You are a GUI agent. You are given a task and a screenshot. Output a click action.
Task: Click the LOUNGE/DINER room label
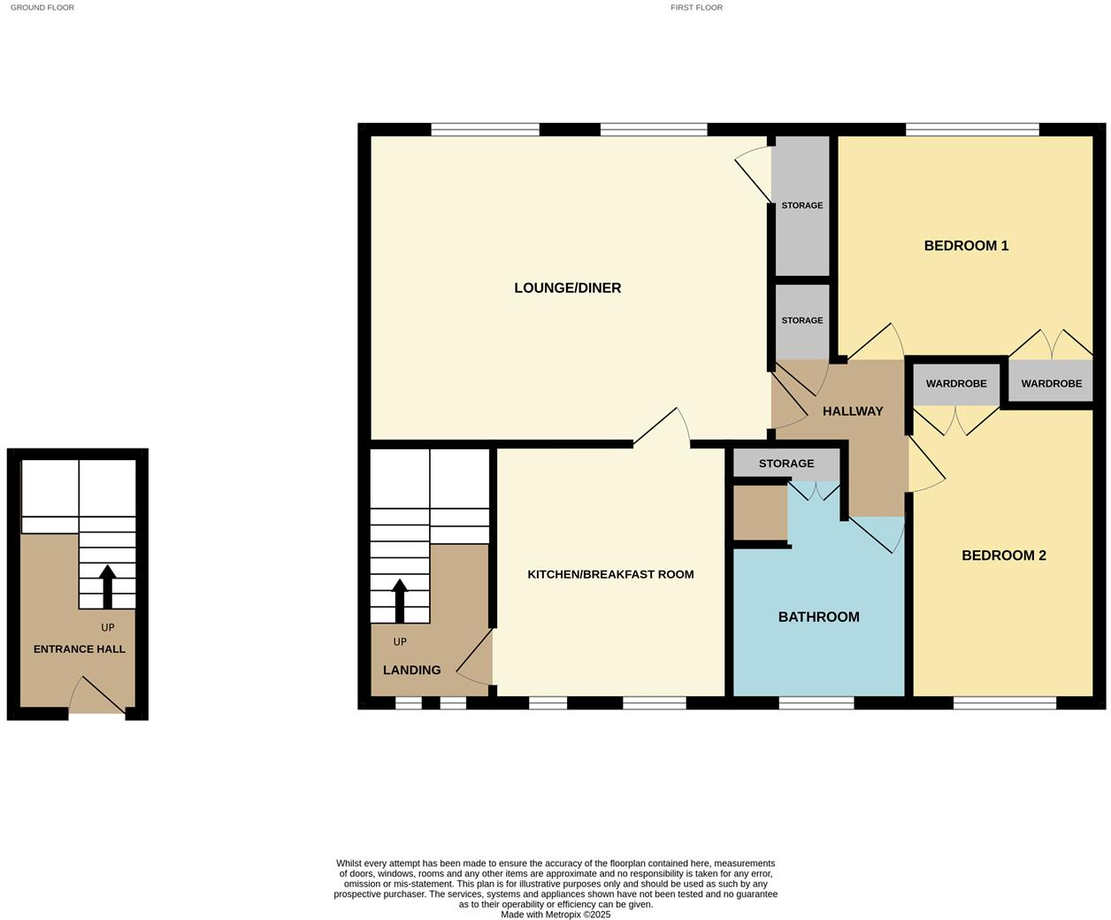click(567, 287)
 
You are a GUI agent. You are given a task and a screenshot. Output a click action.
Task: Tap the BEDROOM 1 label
click(966, 246)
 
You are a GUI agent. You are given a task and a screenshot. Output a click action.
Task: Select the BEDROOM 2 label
click(1003, 556)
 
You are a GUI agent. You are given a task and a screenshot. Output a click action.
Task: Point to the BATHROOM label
click(818, 617)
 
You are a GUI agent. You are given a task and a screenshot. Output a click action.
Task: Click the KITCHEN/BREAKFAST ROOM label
click(610, 574)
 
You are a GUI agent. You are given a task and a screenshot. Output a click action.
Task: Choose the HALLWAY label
click(853, 411)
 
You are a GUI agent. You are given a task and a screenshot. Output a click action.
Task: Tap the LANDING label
click(411, 670)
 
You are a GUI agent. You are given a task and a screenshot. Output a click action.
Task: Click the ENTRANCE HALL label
click(80, 649)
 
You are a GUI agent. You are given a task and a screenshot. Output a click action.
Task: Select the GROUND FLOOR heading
click(42, 7)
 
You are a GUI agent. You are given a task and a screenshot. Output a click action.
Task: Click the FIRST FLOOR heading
click(696, 7)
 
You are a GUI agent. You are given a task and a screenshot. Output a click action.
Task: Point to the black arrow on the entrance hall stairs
click(107, 586)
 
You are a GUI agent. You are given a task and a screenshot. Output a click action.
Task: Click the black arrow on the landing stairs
click(399, 601)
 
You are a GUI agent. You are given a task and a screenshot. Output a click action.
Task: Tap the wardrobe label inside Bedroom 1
click(1051, 384)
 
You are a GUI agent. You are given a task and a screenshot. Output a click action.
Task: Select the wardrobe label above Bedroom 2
click(955, 384)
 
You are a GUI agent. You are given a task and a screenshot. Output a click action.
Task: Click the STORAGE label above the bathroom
click(785, 464)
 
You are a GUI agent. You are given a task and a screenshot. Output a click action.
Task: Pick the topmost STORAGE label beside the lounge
click(801, 205)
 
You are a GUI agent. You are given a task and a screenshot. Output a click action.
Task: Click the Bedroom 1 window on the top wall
click(971, 130)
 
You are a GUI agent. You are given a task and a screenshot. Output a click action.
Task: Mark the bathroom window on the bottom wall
click(816, 703)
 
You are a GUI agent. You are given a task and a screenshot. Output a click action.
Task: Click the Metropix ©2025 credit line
click(555, 915)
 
